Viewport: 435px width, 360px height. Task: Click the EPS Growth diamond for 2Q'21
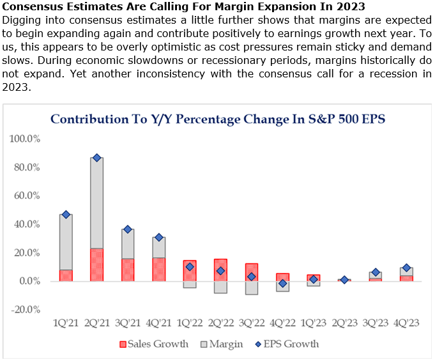click(x=96, y=157)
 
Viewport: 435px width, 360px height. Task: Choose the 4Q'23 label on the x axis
click(x=406, y=323)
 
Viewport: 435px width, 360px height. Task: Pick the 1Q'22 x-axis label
click(x=190, y=323)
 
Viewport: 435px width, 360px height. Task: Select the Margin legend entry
click(x=224, y=344)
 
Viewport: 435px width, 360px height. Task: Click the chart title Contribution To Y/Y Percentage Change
click(x=218, y=119)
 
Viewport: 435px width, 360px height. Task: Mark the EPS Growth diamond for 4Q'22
click(x=282, y=283)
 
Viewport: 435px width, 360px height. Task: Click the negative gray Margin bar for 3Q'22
click(x=251, y=288)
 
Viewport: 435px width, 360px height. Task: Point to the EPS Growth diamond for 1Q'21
click(x=66, y=214)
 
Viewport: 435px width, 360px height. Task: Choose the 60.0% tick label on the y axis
click(x=26, y=196)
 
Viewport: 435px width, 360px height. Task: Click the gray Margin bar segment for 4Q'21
click(x=158, y=247)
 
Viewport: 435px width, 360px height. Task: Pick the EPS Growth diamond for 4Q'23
click(x=406, y=268)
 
